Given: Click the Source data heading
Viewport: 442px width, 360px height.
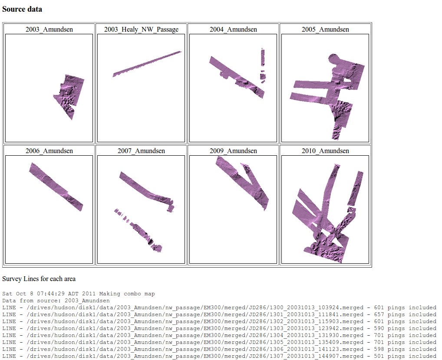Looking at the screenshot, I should [x=22, y=9].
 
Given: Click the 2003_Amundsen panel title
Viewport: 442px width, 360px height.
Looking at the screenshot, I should [x=49, y=29].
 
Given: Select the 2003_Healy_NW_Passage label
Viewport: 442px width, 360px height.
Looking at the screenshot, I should [x=141, y=29].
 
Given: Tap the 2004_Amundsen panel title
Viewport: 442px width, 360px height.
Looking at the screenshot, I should [x=233, y=29].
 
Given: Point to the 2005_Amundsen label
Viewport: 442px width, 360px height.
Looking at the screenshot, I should [x=325, y=29].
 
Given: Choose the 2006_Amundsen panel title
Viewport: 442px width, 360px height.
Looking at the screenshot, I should [x=49, y=151].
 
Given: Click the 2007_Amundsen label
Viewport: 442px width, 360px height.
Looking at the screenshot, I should [x=141, y=151].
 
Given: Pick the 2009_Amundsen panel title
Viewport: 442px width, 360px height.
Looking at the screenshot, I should [x=233, y=151].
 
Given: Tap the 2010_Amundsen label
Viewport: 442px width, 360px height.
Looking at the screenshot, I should [x=325, y=151].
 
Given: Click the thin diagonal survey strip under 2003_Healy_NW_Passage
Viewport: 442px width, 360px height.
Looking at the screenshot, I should [x=147, y=64].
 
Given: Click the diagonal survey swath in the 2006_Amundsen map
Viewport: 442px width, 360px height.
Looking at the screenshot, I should [x=56, y=187].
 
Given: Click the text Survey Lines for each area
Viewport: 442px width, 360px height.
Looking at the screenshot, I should [x=39, y=278].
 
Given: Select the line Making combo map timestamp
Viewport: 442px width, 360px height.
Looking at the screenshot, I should [x=78, y=294].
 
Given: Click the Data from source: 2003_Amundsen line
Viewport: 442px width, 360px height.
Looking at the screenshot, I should [x=56, y=301].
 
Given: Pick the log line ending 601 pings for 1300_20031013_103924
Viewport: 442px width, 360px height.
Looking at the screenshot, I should [x=219, y=308].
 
